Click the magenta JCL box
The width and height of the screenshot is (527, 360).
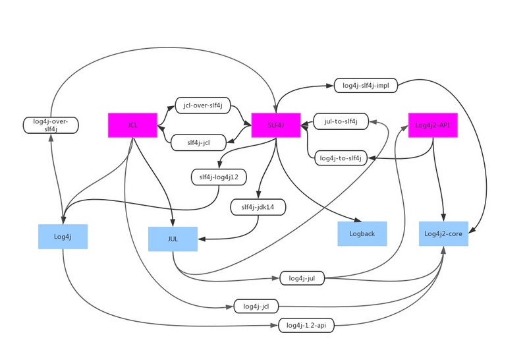tap(132, 125)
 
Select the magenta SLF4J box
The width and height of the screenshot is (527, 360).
tap(276, 125)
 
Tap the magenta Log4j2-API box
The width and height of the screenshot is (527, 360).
tap(433, 125)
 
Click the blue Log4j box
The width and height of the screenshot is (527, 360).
tap(63, 236)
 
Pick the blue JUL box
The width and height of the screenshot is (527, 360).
tap(173, 239)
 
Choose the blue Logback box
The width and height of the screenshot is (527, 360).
tap(362, 233)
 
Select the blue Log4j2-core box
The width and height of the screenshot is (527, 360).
tap(443, 233)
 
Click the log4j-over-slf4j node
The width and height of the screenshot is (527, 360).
tap(51, 125)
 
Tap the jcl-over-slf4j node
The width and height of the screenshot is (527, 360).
tap(203, 105)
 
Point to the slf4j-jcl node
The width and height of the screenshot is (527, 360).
tap(198, 142)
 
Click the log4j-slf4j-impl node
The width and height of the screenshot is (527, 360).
tap(364, 85)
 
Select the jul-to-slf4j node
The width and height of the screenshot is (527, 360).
tap(341, 121)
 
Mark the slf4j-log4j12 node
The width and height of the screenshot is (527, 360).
tap(219, 177)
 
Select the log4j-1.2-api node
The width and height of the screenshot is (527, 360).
tap(306, 325)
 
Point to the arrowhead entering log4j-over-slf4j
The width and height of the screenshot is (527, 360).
tap(51, 137)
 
